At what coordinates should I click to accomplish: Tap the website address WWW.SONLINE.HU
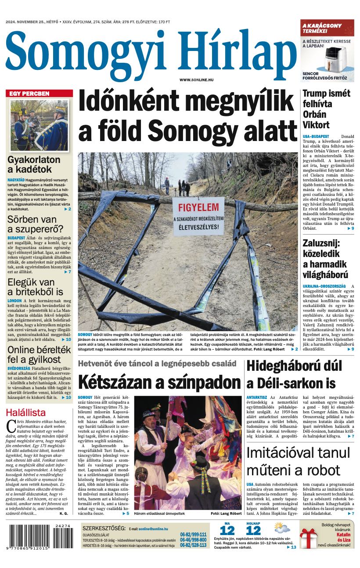[x=196, y=80]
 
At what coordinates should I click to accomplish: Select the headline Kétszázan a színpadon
[x=159, y=382]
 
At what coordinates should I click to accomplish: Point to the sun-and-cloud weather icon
[x=282, y=528]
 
